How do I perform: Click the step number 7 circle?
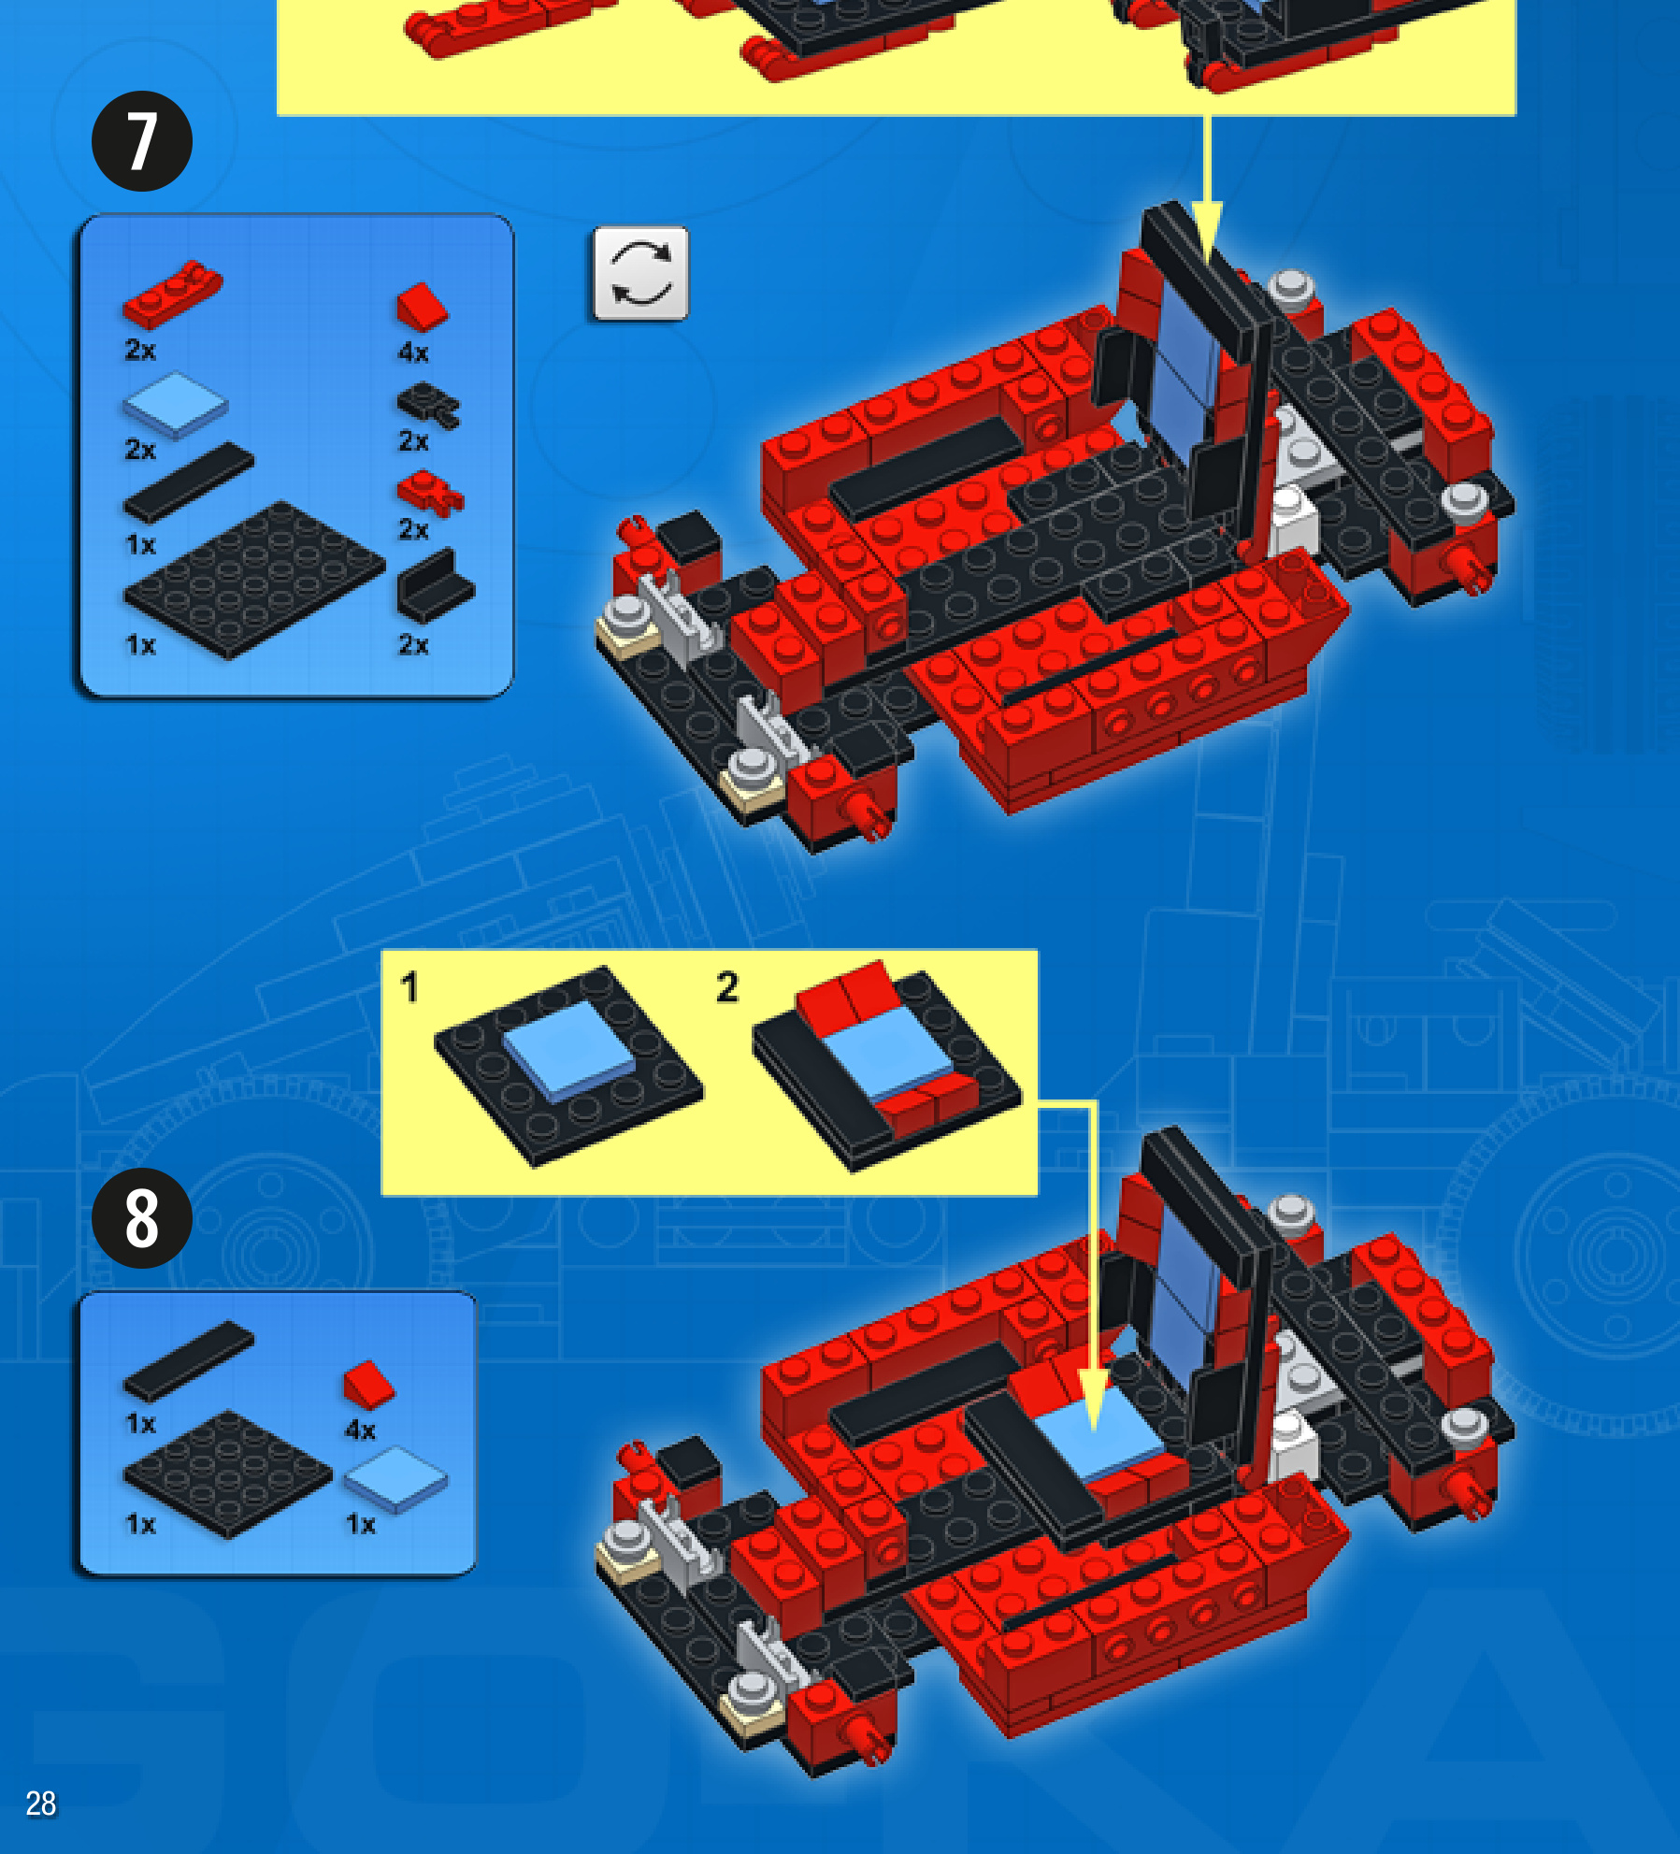tap(142, 141)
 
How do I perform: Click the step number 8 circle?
tap(142, 1218)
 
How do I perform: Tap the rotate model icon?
tap(640, 273)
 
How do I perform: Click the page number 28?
tap(41, 1803)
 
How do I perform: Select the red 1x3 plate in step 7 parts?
tap(173, 293)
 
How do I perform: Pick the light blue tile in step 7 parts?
tap(176, 404)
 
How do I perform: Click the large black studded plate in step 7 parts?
tap(254, 580)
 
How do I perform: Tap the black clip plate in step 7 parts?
tap(429, 406)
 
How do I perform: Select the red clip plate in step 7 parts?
tap(430, 493)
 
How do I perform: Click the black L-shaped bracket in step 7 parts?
tap(435, 586)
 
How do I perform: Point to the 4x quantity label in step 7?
tap(413, 352)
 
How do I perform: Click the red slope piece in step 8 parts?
tap(369, 1384)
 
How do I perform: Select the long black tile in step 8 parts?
tap(188, 1360)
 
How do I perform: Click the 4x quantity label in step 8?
tap(361, 1430)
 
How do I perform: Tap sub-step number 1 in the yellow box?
tap(409, 987)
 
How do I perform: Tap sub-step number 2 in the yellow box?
tap(727, 987)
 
